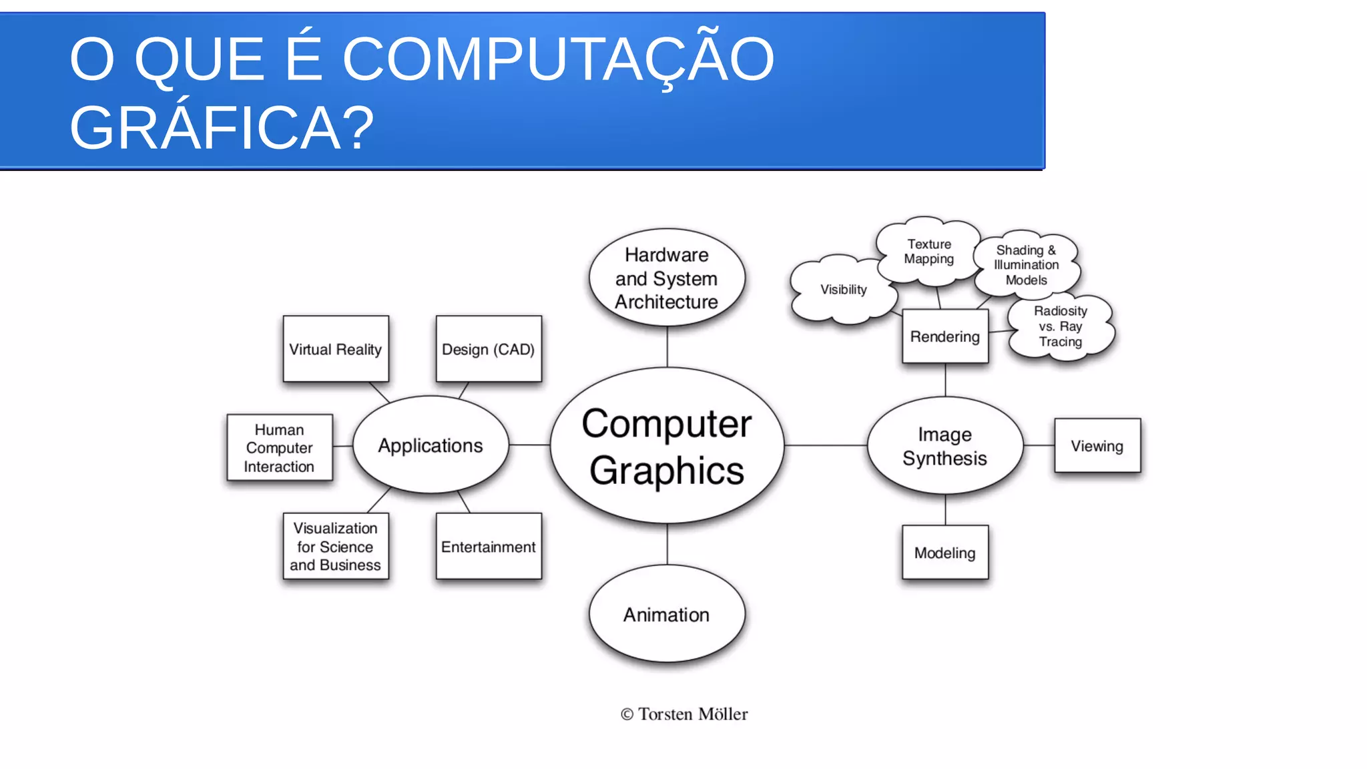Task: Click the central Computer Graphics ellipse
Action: pyautogui.click(x=667, y=446)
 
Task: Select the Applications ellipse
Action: pyautogui.click(x=431, y=445)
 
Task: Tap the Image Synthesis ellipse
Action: pyautogui.click(x=944, y=446)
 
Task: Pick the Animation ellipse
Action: pyautogui.click(x=667, y=614)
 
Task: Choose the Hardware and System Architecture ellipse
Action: pyautogui.click(x=667, y=278)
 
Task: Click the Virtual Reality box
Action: pyautogui.click(x=336, y=349)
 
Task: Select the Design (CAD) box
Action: pyautogui.click(x=489, y=349)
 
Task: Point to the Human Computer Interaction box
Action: pyautogui.click(x=280, y=447)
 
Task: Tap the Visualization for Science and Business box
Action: pyautogui.click(x=336, y=546)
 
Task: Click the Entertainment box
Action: pyautogui.click(x=489, y=546)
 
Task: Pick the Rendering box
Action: pyautogui.click(x=944, y=336)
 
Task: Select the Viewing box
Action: pyautogui.click(x=1097, y=446)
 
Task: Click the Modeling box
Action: pyautogui.click(x=944, y=553)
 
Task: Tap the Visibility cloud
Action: pyautogui.click(x=843, y=290)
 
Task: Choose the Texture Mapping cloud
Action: pyautogui.click(x=929, y=252)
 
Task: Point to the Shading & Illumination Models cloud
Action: pyautogui.click(x=1026, y=265)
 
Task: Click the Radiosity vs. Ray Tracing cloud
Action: pyautogui.click(x=1060, y=326)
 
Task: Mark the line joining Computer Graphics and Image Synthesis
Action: pyautogui.click(x=826, y=445)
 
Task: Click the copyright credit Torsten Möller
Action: pyautogui.click(x=684, y=714)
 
